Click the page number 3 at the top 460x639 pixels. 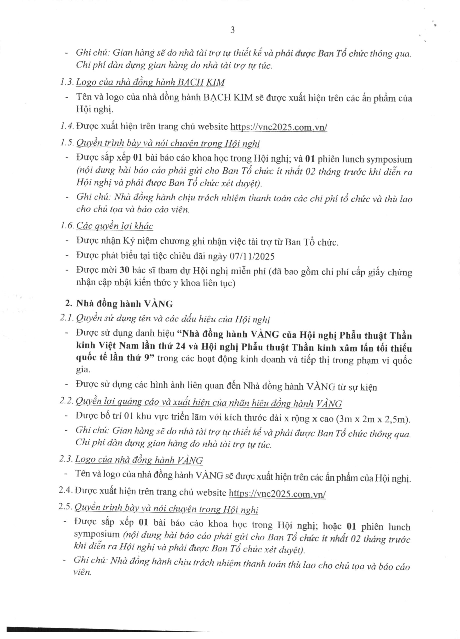coord(232,30)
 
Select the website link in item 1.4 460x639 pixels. coord(279,127)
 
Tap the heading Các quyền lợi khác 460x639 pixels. coord(115,226)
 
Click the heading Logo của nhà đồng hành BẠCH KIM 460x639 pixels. coord(151,82)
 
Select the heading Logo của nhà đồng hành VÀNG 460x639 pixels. coord(139,460)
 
